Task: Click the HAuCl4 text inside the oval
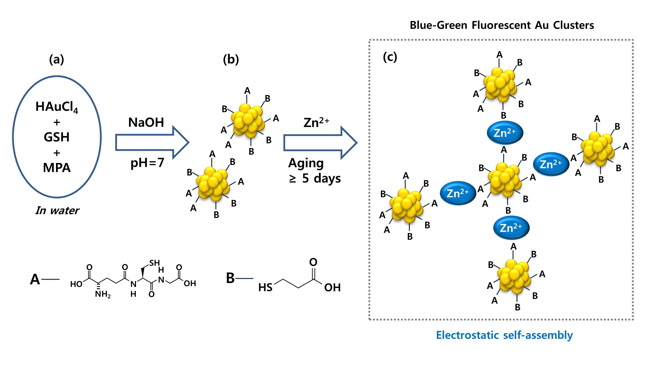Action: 57,107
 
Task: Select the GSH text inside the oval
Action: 57,137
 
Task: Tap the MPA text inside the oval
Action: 57,168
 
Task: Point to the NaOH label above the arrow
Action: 146,122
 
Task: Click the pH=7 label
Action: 147,163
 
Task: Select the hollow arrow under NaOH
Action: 152,143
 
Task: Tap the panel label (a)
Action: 57,59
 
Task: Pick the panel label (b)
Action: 231,59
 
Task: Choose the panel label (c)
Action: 390,57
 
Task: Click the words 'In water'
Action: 57,211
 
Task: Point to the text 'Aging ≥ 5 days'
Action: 314,171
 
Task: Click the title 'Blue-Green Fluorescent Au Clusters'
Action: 502,25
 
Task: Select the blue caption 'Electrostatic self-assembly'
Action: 504,335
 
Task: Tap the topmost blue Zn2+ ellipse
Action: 505,133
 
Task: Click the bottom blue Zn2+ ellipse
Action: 511,228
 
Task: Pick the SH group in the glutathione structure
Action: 155,263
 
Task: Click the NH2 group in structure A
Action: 103,294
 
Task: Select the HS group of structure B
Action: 265,287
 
